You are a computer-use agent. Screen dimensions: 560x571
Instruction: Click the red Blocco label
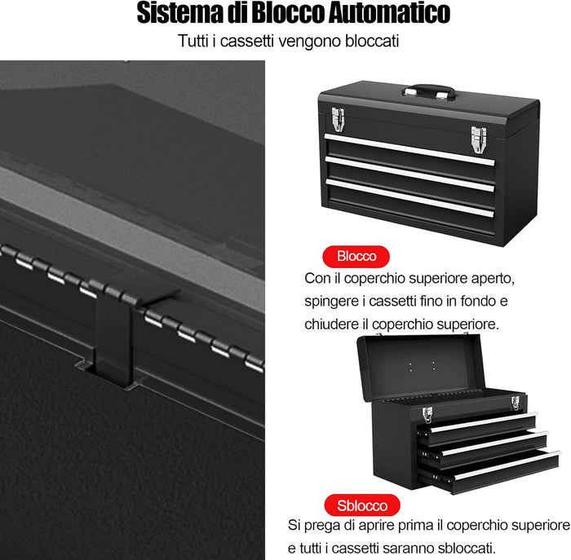click(356, 256)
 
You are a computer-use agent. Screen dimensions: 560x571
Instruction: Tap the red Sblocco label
click(362, 504)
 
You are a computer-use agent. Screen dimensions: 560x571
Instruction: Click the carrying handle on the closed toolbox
click(432, 91)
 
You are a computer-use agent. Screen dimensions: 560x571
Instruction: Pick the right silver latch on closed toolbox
click(478, 138)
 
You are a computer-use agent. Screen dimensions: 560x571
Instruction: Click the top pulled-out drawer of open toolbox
click(481, 423)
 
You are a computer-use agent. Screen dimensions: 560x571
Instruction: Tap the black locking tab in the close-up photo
click(112, 342)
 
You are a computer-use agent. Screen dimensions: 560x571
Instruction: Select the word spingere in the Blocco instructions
click(330, 301)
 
